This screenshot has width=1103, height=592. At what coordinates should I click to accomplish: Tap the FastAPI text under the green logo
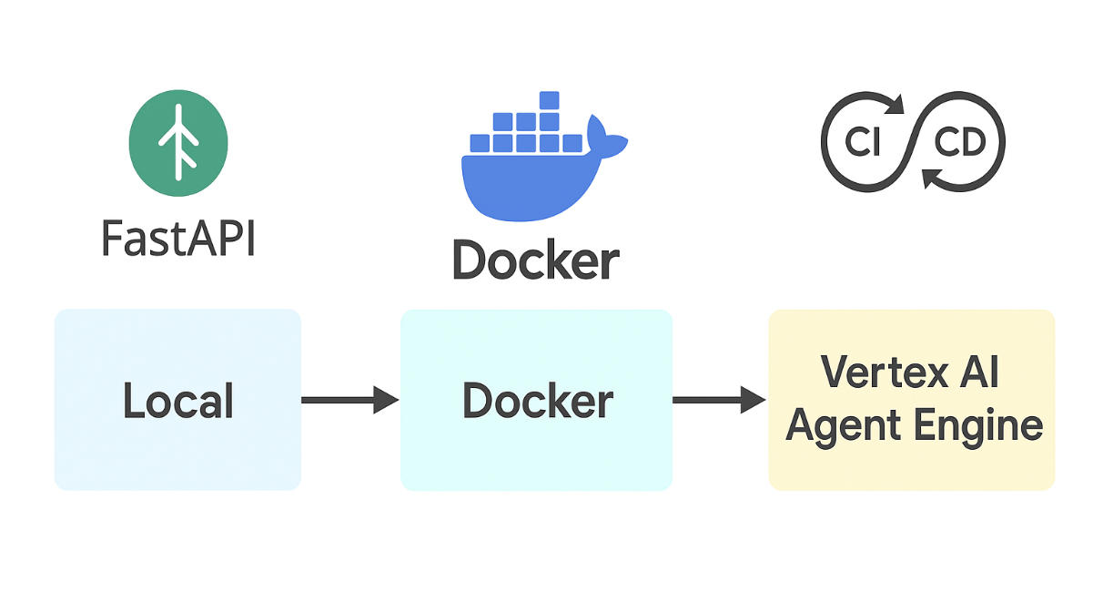click(x=178, y=238)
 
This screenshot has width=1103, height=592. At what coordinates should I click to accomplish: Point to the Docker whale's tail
click(x=604, y=137)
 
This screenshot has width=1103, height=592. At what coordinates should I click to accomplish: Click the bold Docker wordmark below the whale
click(x=536, y=260)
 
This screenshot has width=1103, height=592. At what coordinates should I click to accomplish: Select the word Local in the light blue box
click(x=178, y=402)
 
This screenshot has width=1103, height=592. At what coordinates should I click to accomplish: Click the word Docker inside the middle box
click(x=537, y=402)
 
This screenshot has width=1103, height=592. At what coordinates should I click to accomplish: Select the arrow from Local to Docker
click(x=349, y=399)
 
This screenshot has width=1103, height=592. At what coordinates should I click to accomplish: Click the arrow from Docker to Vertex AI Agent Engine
click(x=719, y=399)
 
